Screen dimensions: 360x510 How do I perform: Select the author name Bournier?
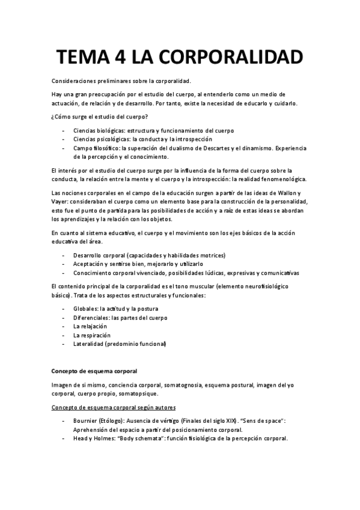point(87,421)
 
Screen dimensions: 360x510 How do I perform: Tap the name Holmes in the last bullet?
point(105,438)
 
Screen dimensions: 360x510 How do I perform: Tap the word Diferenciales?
point(91,318)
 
